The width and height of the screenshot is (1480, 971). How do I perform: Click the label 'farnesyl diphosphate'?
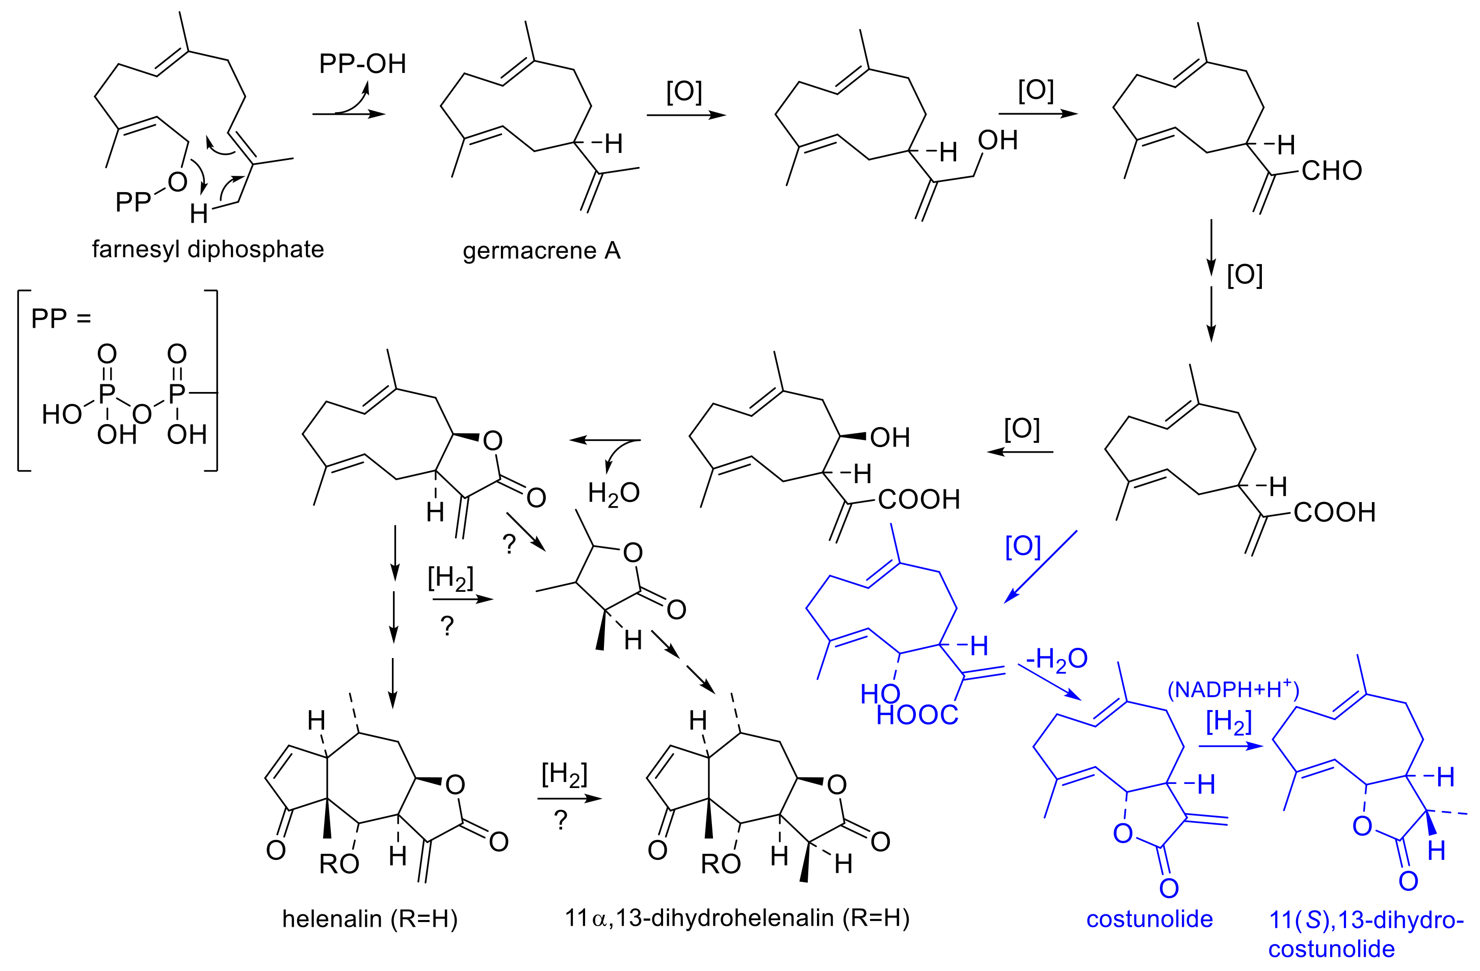(208, 249)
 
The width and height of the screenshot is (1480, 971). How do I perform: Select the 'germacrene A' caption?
(541, 251)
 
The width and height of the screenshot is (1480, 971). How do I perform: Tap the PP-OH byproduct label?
(362, 63)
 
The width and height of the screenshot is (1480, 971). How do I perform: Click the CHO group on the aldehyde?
(1331, 170)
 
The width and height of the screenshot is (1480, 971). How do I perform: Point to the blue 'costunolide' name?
(1149, 918)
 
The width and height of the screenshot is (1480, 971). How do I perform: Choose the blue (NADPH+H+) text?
(1233, 689)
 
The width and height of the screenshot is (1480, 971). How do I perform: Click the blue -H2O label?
(1056, 658)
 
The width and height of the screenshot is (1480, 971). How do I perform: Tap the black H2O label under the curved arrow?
(613, 493)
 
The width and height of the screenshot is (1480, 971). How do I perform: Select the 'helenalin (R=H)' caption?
(370, 918)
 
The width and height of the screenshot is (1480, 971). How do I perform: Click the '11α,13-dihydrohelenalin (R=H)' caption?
(737, 917)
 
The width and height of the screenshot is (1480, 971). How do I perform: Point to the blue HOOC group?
(917, 715)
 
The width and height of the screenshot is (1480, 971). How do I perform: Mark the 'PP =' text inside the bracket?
(61, 319)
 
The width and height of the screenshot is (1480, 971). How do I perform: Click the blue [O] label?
(1023, 546)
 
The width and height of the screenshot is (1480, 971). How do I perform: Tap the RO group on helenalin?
(339, 863)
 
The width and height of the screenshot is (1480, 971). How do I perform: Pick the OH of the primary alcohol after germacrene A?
(997, 141)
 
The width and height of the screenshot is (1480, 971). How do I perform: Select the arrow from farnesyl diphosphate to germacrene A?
(348, 114)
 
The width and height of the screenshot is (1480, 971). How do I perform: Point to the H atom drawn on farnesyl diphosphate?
(199, 214)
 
